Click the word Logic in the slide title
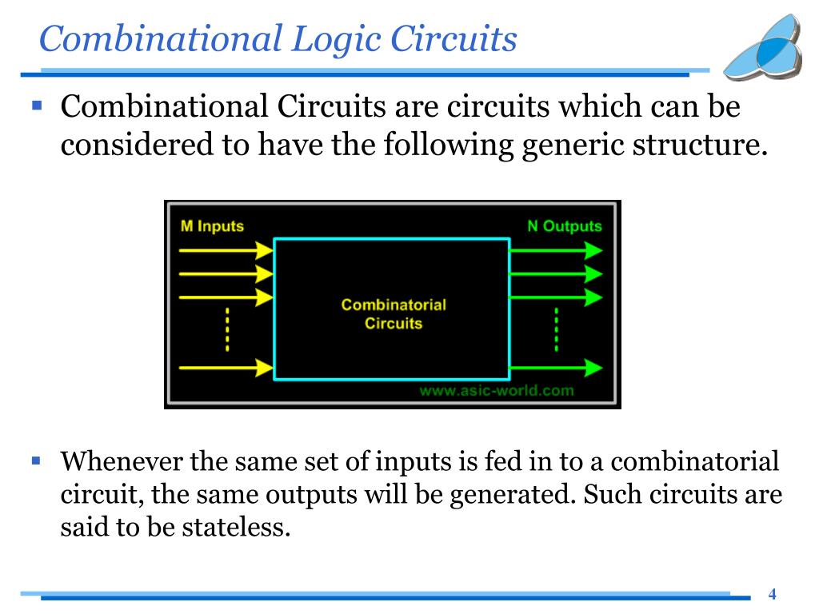(x=335, y=39)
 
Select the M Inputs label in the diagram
(x=211, y=226)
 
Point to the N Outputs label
(x=564, y=226)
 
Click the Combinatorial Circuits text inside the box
(x=393, y=314)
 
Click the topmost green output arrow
(x=556, y=250)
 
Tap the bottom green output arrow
(x=556, y=368)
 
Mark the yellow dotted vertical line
(x=227, y=329)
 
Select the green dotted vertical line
(x=556, y=329)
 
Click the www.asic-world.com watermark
(x=496, y=391)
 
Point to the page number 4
(x=772, y=594)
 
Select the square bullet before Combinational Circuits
(x=36, y=104)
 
